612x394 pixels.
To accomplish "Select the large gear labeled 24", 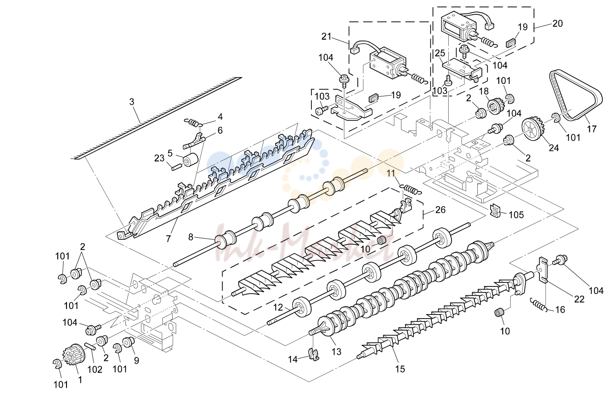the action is coord(533,128).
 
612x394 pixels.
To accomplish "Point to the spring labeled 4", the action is coord(194,123).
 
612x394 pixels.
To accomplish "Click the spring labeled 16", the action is coord(539,304).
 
